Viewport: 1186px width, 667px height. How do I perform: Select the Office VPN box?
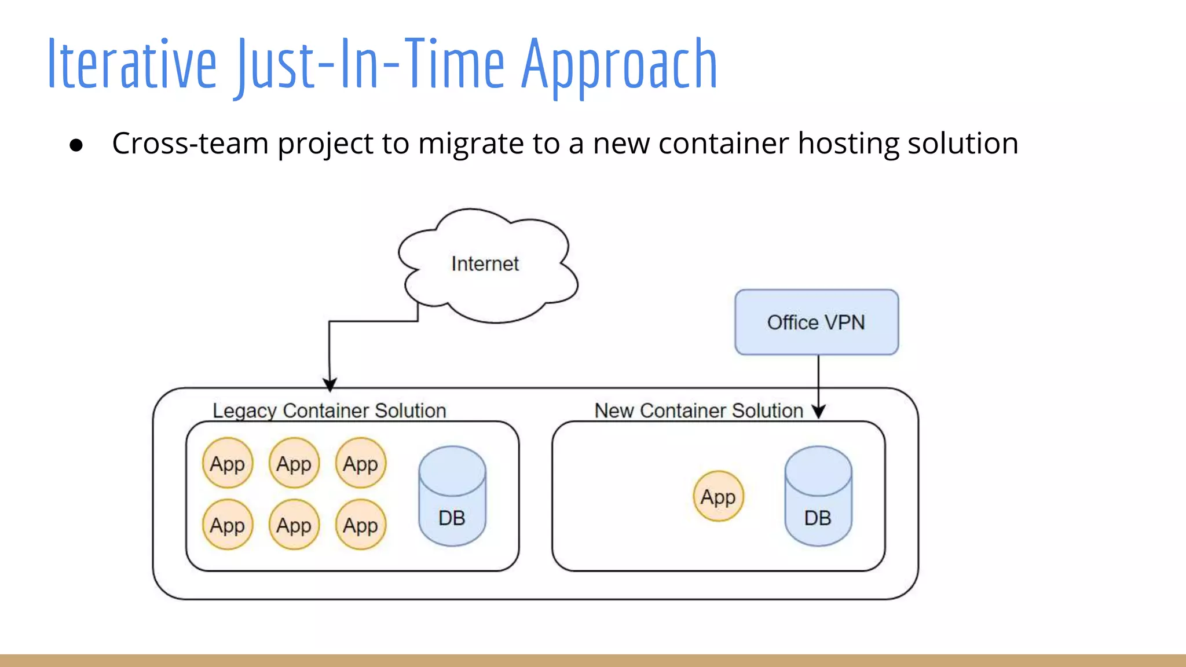(816, 322)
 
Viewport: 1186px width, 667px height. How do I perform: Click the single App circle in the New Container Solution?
(718, 496)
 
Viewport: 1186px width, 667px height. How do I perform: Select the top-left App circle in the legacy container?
(228, 463)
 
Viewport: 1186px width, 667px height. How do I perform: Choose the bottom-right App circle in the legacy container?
(360, 525)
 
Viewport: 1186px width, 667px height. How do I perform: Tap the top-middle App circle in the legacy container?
(294, 463)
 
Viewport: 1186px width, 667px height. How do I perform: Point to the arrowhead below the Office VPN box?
(818, 412)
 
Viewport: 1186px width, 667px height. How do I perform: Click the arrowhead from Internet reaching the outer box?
(330, 385)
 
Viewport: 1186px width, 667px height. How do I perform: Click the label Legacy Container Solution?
(329, 411)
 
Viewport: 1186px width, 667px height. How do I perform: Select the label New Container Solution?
(698, 411)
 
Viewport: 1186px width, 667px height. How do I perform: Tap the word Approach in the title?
(619, 64)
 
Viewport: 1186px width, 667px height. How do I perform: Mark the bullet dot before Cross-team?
(76, 145)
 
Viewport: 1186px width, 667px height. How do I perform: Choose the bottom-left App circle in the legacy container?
(228, 525)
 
